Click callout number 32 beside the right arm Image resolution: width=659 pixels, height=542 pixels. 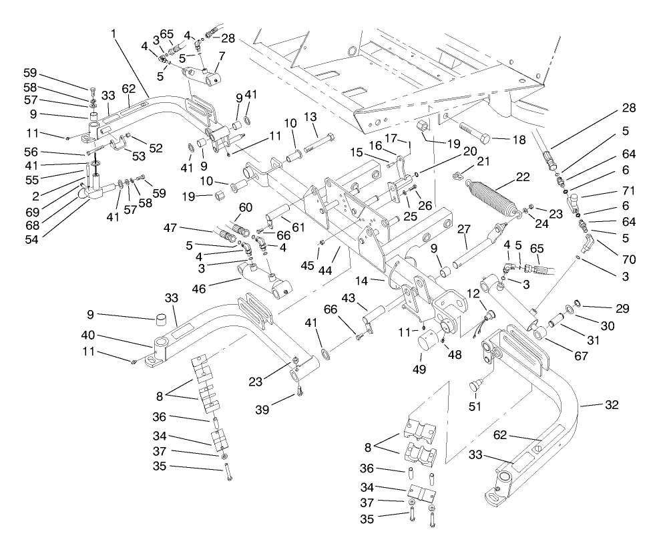pyautogui.click(x=612, y=405)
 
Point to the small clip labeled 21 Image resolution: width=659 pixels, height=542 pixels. pyautogui.click(x=457, y=176)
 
